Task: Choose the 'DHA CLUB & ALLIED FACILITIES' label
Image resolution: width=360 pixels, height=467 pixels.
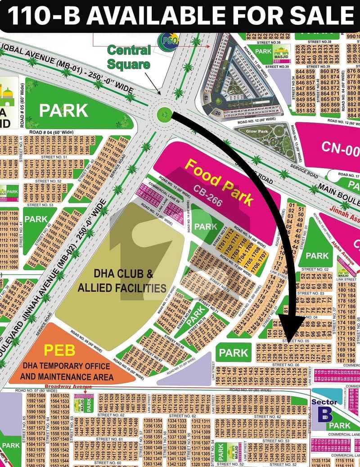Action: click(122, 281)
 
